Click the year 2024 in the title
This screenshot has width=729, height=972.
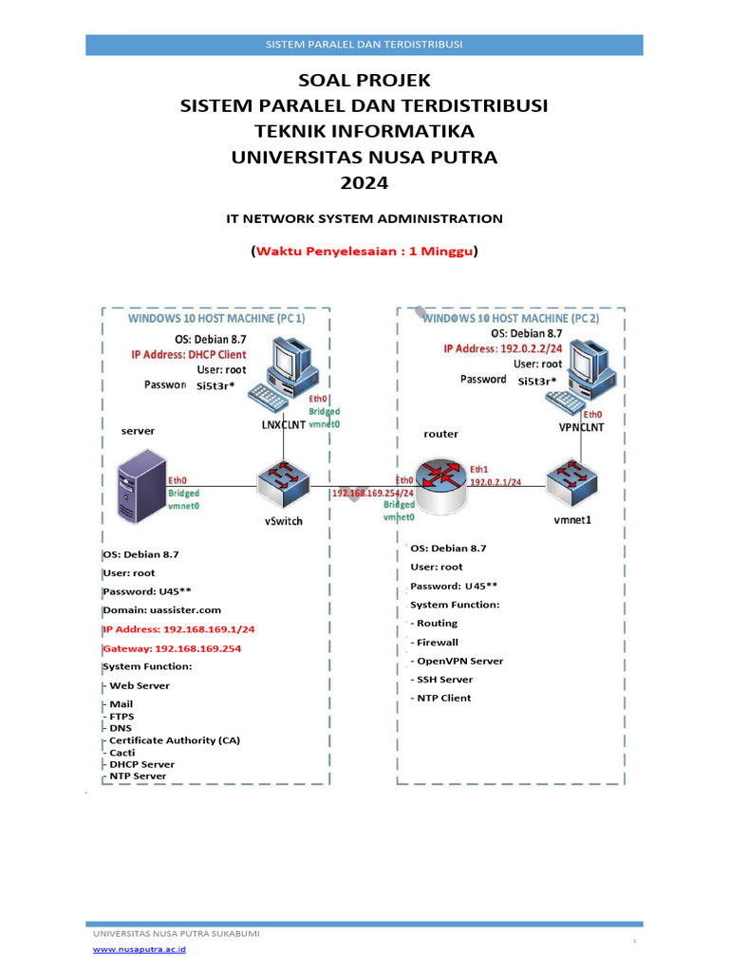click(x=364, y=182)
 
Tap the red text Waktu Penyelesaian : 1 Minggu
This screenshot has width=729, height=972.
click(x=364, y=252)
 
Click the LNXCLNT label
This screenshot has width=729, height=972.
click(x=283, y=425)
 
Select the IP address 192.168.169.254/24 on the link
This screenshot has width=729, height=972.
click(x=373, y=494)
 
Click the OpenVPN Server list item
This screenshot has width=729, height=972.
click(x=458, y=661)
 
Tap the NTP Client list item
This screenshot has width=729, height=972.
click(x=443, y=698)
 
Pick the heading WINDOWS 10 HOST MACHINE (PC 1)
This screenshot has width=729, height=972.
click(x=217, y=320)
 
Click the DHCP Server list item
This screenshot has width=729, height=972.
click(x=141, y=763)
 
